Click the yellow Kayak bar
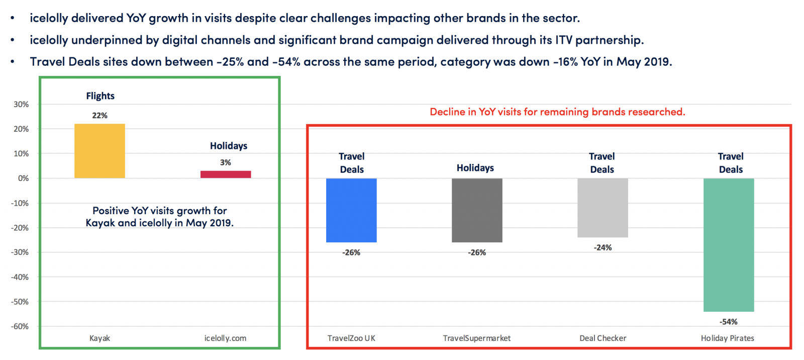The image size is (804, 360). (99, 151)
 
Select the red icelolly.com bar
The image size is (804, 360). (226, 174)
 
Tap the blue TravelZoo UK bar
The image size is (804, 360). (351, 210)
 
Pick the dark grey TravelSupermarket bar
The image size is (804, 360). (477, 210)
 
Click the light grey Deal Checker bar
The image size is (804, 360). (602, 208)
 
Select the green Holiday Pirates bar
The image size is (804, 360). (729, 245)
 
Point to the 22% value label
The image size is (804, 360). (99, 116)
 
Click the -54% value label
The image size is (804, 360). (728, 322)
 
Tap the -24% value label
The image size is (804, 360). (602, 248)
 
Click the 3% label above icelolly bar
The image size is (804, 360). (226, 163)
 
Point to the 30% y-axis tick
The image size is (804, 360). (21, 105)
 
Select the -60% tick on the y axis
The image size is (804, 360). (20, 326)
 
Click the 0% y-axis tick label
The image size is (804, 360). (23, 178)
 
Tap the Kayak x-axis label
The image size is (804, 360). (99, 338)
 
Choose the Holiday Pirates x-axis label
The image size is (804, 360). (727, 338)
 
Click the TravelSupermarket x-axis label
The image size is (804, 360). (476, 338)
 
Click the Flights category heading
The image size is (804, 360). (100, 96)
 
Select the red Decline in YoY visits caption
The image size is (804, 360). (557, 112)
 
